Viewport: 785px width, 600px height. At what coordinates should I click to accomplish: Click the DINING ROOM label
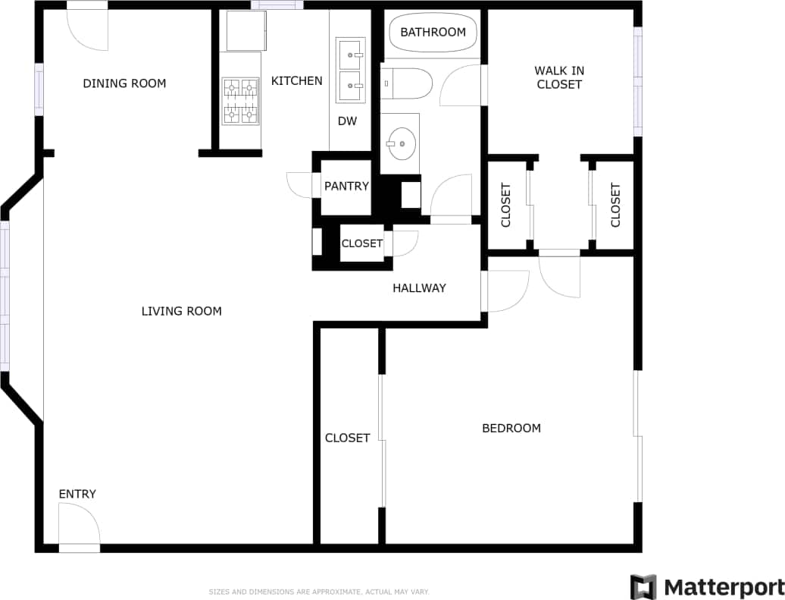pos(124,83)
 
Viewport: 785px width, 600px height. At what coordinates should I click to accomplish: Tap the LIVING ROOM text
pos(181,311)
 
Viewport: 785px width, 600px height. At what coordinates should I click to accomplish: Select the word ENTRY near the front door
pos(77,495)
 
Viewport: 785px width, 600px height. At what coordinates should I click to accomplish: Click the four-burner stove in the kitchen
pos(240,101)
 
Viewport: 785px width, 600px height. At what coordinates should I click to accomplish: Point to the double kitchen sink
pos(350,71)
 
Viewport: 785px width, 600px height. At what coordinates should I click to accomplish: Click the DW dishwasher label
pos(347,121)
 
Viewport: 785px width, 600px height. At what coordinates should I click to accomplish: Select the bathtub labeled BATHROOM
pos(433,33)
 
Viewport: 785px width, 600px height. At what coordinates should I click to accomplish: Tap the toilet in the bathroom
pos(406,83)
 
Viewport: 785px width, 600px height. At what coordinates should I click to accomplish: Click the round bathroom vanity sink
pos(399,142)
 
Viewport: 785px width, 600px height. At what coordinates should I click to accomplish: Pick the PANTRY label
pos(346,187)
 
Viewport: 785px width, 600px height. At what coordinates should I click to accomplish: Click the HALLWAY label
pos(419,288)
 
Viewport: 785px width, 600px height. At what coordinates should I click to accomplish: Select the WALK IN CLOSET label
pos(559,77)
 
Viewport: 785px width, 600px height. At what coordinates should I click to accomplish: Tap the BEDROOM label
pos(511,429)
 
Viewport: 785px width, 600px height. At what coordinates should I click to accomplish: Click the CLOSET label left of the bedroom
pos(347,438)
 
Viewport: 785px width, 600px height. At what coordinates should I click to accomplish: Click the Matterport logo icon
pos(643,587)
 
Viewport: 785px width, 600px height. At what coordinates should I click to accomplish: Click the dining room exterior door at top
pos(87,27)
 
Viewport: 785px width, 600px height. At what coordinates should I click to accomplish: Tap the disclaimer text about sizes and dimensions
pos(319,592)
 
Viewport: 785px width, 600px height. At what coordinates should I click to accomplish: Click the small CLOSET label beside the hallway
pos(361,243)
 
